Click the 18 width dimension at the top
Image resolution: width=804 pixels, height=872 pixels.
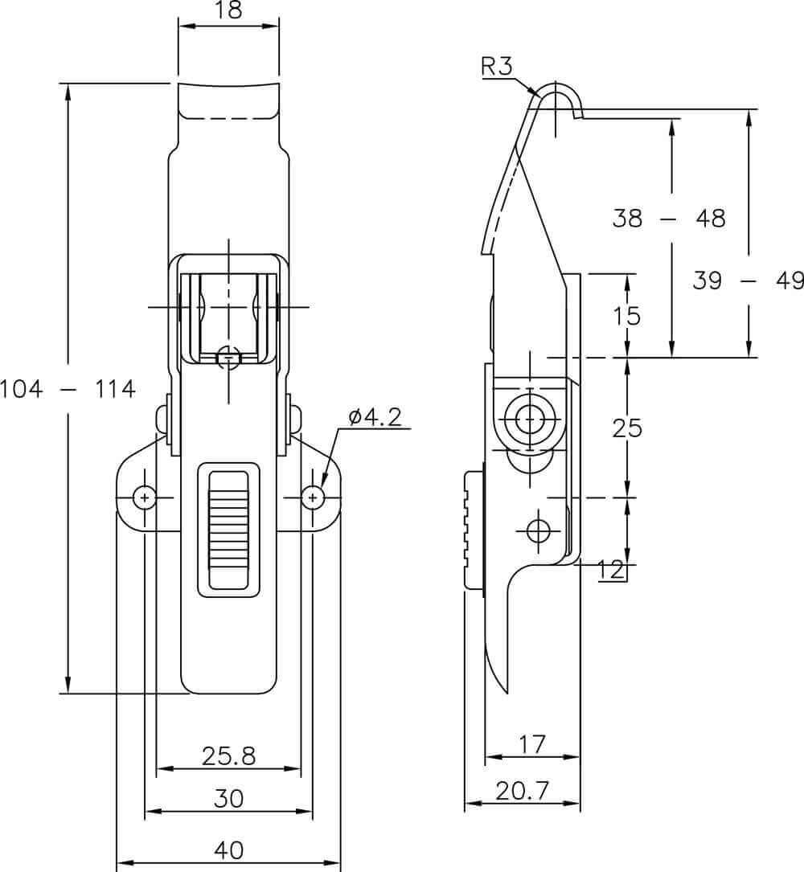point(228,10)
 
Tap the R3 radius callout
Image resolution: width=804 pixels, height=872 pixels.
point(496,66)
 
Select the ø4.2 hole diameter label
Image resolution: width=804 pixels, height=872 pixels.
point(375,417)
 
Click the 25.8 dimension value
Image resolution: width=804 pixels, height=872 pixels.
point(228,755)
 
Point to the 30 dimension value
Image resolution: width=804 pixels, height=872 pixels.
point(228,799)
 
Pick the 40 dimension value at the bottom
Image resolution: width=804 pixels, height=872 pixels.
point(228,849)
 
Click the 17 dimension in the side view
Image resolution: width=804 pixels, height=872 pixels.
point(532,743)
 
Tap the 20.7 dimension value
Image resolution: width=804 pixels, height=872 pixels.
point(523,790)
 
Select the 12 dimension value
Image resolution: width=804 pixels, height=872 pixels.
point(611,570)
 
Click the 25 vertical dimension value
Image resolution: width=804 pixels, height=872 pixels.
point(627,428)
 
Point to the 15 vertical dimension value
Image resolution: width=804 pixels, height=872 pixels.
point(627,316)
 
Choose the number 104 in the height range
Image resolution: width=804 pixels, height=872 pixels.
point(21,389)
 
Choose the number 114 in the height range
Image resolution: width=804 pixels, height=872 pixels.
point(115,389)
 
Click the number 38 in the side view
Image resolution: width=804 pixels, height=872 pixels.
point(628,218)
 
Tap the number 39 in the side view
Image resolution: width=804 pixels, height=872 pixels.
point(708,280)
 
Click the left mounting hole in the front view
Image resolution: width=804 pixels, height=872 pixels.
point(145,497)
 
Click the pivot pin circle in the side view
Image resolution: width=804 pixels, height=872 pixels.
point(529,418)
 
